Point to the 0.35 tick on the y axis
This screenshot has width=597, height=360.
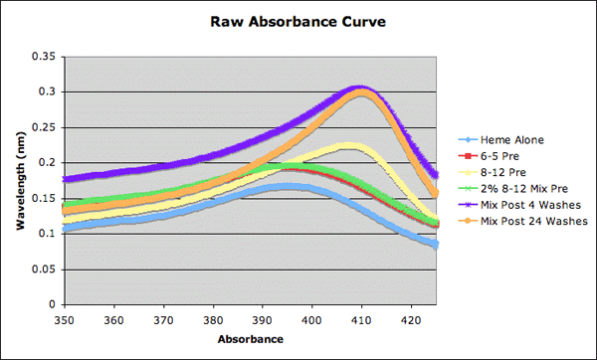pyautogui.click(x=43, y=57)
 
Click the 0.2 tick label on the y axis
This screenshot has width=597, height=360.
pyautogui.click(x=46, y=163)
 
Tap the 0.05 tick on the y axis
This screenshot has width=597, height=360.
pyautogui.click(x=43, y=270)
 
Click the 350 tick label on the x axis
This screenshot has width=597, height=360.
pyautogui.click(x=65, y=321)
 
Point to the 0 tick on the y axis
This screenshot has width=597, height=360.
pyautogui.click(x=52, y=304)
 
